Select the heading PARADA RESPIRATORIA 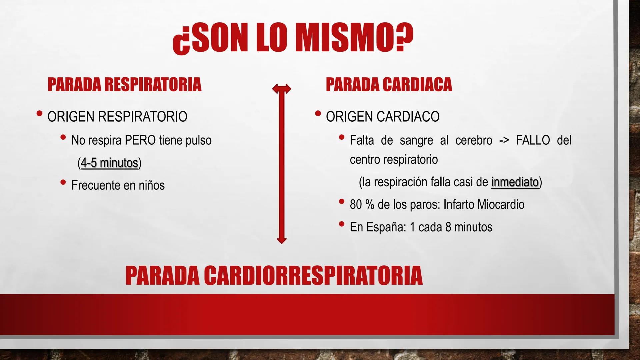(124, 84)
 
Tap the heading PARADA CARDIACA (389, 84)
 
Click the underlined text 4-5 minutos (109, 163)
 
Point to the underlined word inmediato (515, 182)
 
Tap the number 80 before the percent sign (356, 205)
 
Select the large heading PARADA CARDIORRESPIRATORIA (274, 275)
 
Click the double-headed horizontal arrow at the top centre (282, 89)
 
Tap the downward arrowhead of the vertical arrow (282, 240)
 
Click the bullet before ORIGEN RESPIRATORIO (40, 114)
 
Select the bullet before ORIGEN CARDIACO (318, 114)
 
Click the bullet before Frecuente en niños (63, 182)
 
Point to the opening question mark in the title (180, 42)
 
